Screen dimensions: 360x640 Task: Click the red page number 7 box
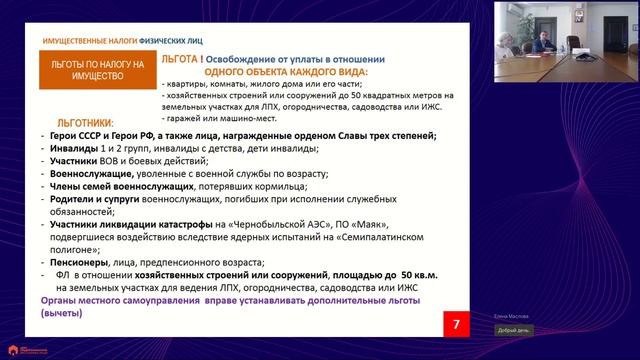(457, 324)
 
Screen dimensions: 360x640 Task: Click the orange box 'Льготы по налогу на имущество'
(98, 68)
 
